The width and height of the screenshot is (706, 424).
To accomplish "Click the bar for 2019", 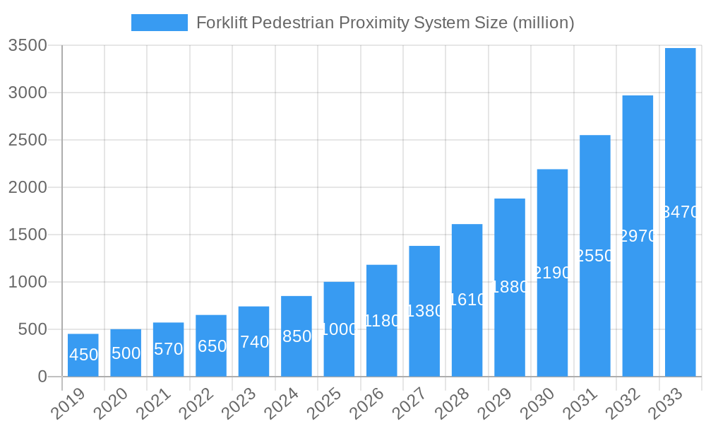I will click(x=83, y=355).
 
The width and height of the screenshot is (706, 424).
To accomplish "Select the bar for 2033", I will click(x=680, y=212).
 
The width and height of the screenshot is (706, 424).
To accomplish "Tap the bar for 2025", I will click(x=339, y=329).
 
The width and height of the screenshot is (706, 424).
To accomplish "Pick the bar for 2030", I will click(x=552, y=273).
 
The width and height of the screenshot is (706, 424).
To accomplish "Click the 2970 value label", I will click(x=638, y=236).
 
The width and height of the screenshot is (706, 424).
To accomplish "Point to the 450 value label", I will click(x=83, y=355).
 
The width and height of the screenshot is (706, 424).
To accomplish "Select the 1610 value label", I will click(x=467, y=300).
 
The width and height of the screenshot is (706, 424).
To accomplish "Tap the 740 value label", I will click(x=254, y=342).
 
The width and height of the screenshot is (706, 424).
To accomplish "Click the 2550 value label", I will click(x=595, y=256).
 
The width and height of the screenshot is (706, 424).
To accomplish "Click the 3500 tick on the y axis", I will click(x=28, y=46).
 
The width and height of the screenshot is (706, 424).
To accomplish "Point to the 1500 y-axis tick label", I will click(x=28, y=235).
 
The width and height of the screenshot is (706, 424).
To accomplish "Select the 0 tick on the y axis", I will click(x=42, y=377).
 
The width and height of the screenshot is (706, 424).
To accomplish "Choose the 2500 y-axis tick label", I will click(x=28, y=140).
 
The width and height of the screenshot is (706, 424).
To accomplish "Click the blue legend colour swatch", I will click(x=160, y=23).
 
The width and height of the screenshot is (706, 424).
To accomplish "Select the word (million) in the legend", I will click(x=543, y=23).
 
